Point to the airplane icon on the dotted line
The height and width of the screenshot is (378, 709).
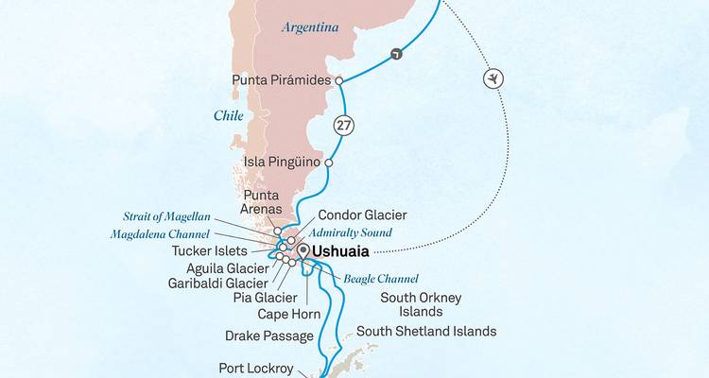coord(492,78)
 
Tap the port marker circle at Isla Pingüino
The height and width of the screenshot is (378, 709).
coord(328,163)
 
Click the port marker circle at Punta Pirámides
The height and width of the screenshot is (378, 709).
coord(337,81)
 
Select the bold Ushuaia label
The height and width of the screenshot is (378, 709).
coord(340,252)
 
